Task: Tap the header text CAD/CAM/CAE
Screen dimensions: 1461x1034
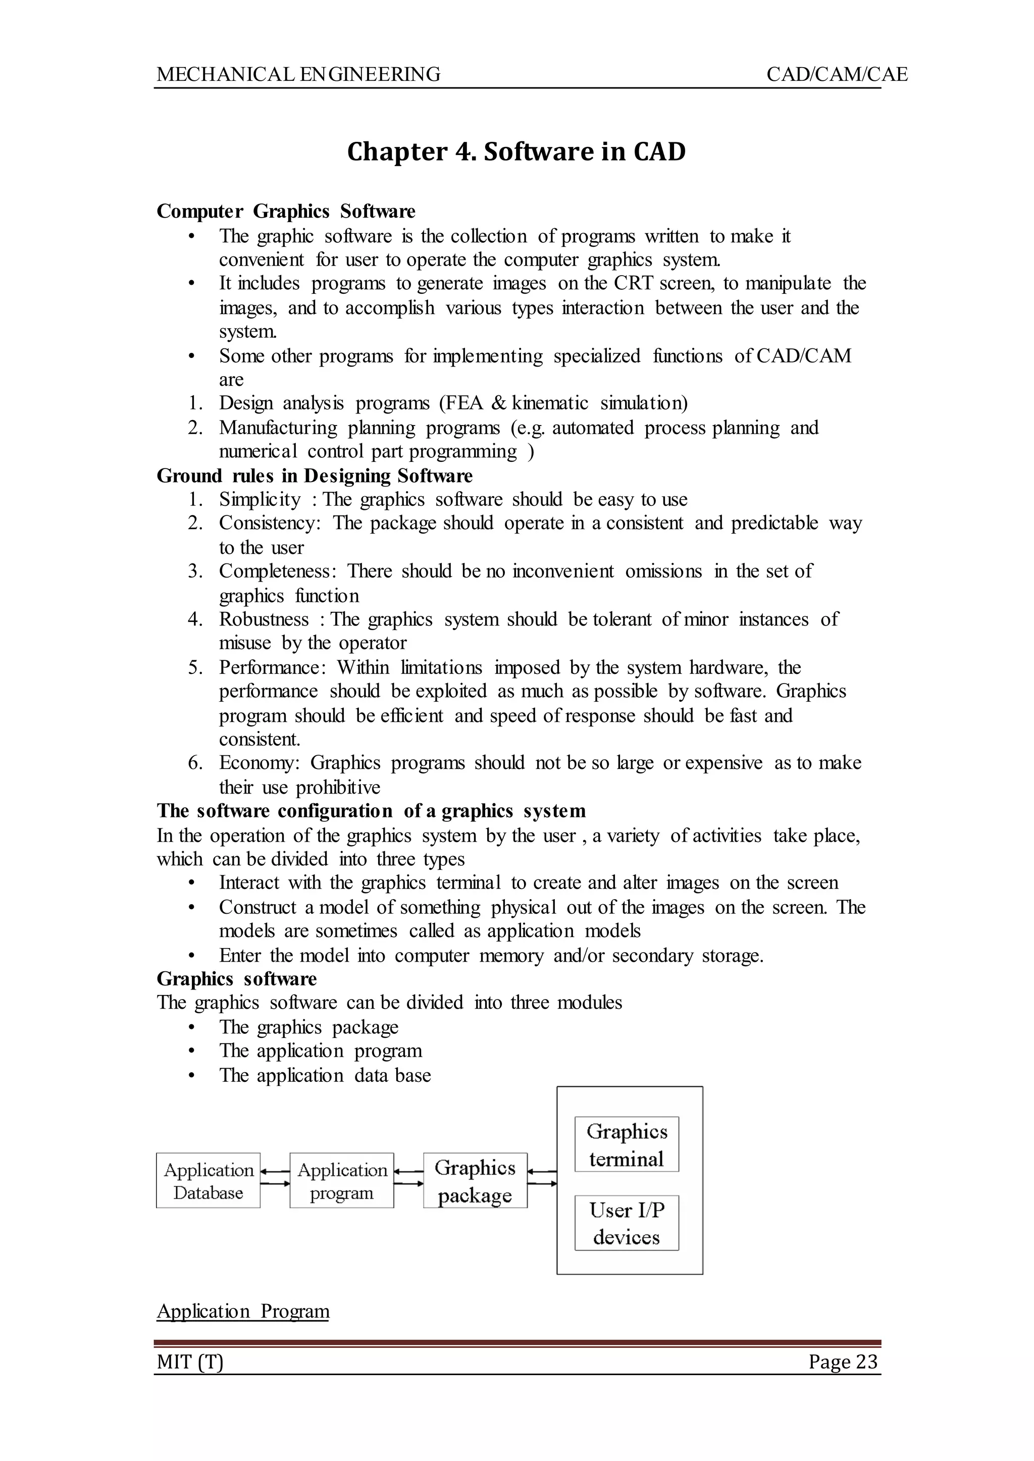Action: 836,75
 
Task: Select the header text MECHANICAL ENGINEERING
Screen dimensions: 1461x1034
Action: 298,75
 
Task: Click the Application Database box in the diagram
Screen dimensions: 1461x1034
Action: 208,1180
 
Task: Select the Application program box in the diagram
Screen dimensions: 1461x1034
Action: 342,1180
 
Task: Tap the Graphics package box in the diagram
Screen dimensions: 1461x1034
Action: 475,1180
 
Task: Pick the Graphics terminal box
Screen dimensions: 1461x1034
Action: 627,1144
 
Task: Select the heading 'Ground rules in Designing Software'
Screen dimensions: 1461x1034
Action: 315,476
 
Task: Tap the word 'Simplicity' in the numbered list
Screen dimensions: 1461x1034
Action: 260,499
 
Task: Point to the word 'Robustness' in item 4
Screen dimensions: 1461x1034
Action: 264,619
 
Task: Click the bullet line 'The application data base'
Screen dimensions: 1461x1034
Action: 325,1075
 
